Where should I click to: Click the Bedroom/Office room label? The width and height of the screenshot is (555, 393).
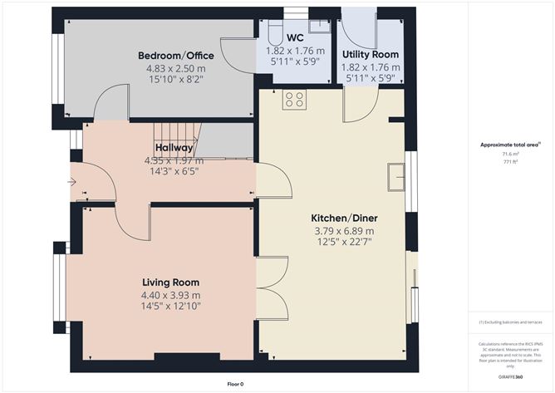[170, 56]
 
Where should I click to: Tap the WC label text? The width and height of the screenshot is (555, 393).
[294, 38]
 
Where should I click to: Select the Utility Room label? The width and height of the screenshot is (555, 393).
[371, 55]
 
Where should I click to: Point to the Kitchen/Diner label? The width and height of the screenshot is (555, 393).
[341, 216]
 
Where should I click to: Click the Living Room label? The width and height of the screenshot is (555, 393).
[170, 282]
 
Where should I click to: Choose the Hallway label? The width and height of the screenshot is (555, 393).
[174, 148]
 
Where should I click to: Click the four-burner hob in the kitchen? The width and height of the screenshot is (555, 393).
[293, 101]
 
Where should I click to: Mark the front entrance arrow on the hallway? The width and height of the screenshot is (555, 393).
[73, 181]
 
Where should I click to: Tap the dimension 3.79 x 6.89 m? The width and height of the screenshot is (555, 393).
[341, 231]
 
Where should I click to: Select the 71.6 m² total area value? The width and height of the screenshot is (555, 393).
[509, 155]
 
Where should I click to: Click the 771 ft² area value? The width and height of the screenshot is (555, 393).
[509, 163]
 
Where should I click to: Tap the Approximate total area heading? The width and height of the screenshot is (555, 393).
[509, 145]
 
